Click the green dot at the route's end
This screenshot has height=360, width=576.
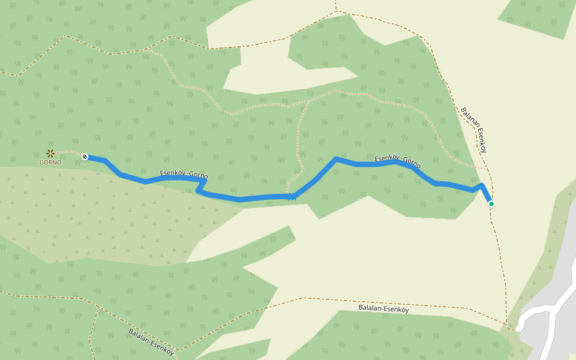(x=491, y=204)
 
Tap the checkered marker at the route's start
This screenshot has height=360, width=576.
(x=85, y=157)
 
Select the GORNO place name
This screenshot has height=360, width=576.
(x=50, y=163)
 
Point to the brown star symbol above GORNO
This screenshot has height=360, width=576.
(x=50, y=153)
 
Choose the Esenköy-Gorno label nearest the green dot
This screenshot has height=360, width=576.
(x=397, y=160)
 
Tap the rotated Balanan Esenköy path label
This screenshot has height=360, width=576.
(x=473, y=130)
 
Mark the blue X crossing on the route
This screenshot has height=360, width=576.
(x=292, y=196)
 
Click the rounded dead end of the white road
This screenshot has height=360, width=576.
(x=518, y=328)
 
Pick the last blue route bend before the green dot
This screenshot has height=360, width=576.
(x=482, y=185)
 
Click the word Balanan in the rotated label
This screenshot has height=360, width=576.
(x=468, y=118)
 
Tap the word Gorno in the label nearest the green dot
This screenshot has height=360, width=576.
(x=412, y=163)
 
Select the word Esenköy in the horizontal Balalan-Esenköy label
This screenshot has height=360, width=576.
(x=395, y=310)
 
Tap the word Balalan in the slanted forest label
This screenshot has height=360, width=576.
(x=138, y=333)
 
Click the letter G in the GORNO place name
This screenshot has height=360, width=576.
(x=42, y=163)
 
